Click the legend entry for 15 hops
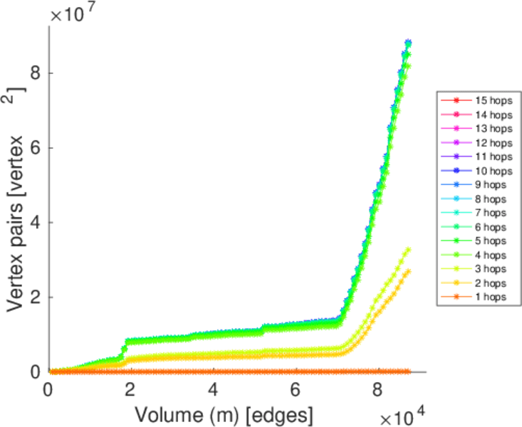[492, 100]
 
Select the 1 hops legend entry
[492, 297]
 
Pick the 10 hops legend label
[492, 171]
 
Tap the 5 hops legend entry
[492, 241]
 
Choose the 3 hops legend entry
[492, 269]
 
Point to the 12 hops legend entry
[492, 142]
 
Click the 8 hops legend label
[492, 199]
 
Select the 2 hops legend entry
[492, 283]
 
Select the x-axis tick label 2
[131, 391]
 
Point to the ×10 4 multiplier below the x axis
[403, 414]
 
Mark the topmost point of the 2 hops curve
[407, 270]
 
